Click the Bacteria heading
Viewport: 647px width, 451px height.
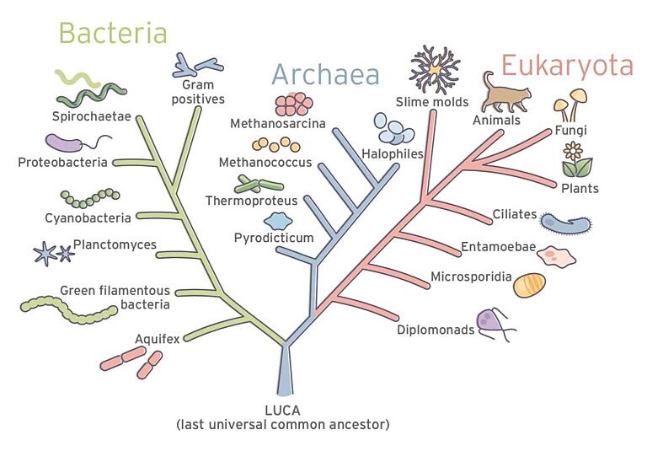click(x=112, y=33)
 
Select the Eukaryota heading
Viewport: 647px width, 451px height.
click(x=566, y=65)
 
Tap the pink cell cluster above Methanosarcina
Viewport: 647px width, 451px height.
click(x=292, y=103)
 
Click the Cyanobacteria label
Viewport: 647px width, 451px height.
click(x=88, y=218)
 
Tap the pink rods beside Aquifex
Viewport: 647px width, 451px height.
click(x=132, y=361)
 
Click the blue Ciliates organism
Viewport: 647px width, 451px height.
click(x=564, y=223)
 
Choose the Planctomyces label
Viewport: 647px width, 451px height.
click(x=115, y=244)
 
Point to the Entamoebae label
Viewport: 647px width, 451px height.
click(x=499, y=247)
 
